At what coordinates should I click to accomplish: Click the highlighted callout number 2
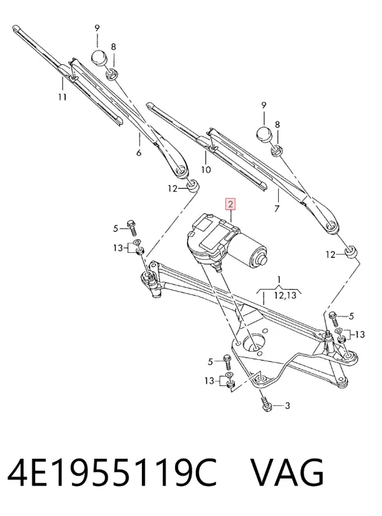point(230,204)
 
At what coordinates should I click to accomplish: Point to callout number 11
point(62,97)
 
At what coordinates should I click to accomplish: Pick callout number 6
point(139,153)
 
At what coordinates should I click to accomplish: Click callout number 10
point(206,170)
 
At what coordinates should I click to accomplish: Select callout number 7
point(277,209)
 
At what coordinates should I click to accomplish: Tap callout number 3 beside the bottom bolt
point(287,406)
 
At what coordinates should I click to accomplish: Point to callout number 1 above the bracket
point(279,280)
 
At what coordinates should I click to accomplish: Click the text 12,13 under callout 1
point(285,296)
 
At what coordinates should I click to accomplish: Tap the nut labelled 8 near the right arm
point(276,151)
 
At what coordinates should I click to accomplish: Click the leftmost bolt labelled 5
point(132,227)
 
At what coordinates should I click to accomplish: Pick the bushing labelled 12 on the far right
point(351,252)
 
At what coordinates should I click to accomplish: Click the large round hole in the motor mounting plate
point(253,344)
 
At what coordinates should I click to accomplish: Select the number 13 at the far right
point(360,334)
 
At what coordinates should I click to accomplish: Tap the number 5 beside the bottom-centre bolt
point(211,362)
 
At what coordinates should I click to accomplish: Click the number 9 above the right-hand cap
point(264,105)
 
